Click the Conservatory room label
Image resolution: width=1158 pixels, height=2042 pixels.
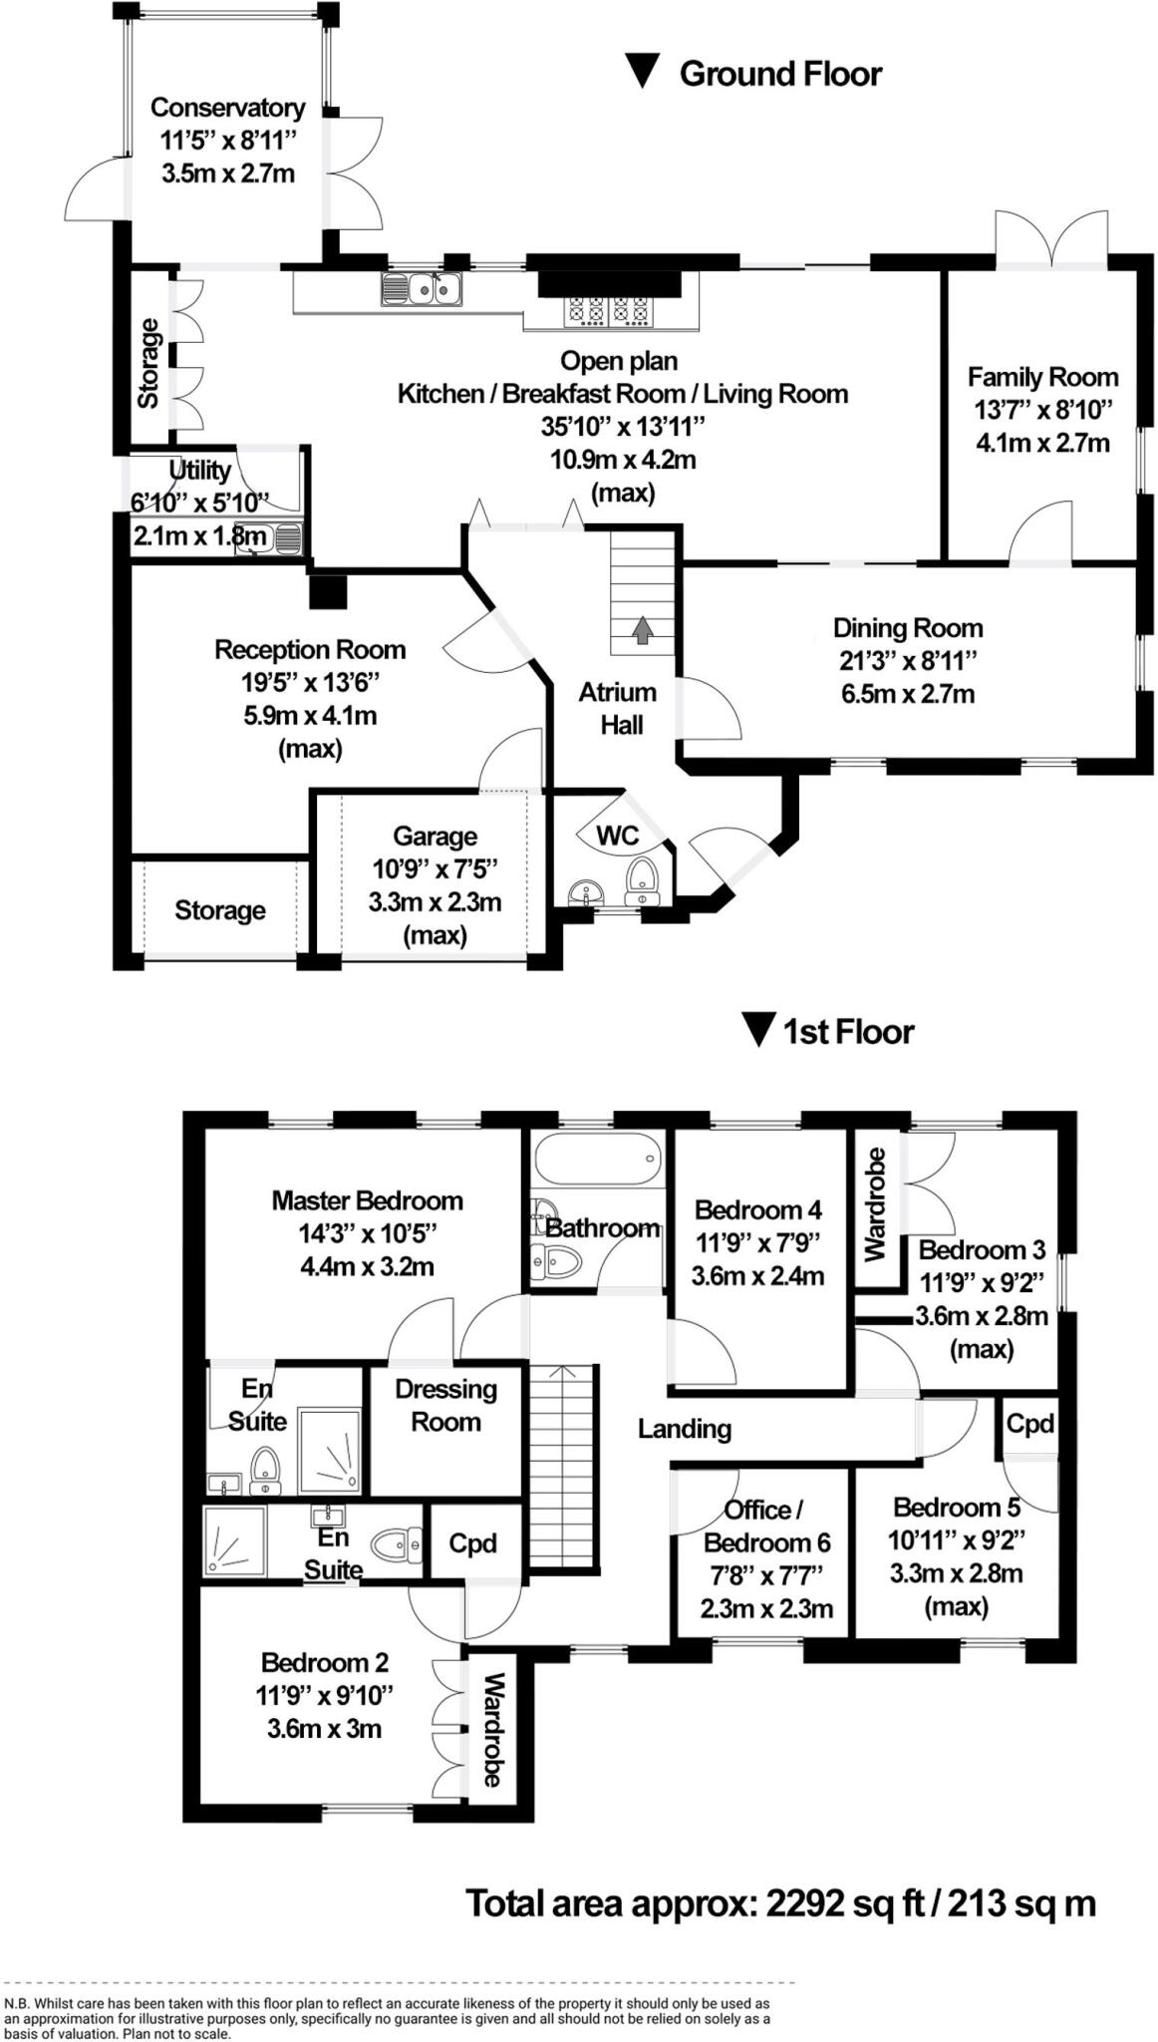[x=227, y=108]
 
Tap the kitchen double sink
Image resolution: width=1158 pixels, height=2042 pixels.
[x=421, y=288]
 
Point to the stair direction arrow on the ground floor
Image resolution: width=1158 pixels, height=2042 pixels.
[x=642, y=629]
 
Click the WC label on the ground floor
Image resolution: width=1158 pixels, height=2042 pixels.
[x=617, y=836]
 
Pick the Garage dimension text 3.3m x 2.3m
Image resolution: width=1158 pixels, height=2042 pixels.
[x=434, y=902]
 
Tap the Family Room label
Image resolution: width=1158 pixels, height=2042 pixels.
[x=1042, y=378]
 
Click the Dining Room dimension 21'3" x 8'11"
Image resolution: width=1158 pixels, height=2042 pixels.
[x=907, y=661]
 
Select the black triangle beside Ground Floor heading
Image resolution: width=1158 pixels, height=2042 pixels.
[x=642, y=72]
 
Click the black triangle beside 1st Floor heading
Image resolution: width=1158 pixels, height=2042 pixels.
[x=759, y=1030]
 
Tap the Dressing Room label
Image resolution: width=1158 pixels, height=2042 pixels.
[x=445, y=1405]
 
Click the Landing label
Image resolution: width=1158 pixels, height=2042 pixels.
[x=685, y=1429]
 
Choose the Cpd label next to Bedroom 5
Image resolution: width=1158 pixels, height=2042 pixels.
[x=1029, y=1423]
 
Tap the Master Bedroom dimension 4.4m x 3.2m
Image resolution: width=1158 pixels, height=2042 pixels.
[x=367, y=1267]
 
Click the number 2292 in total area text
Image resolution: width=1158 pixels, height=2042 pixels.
[x=806, y=1903]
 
